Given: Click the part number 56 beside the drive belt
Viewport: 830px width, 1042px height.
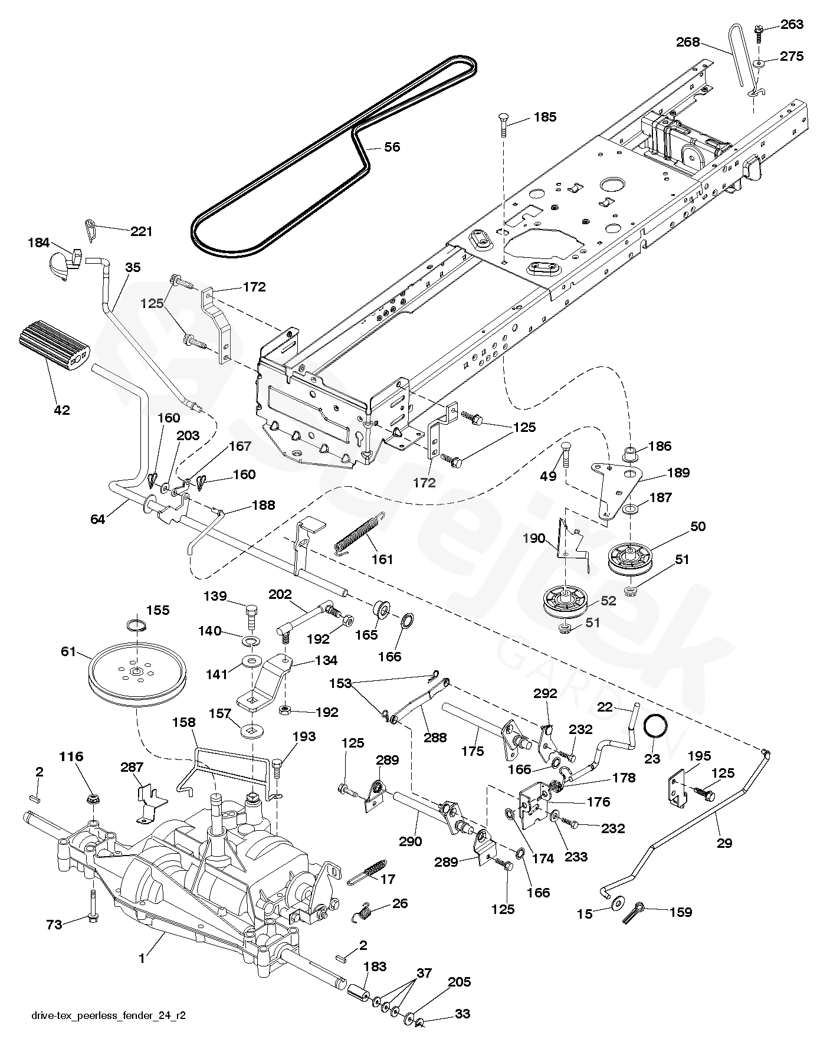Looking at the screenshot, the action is point(392,147).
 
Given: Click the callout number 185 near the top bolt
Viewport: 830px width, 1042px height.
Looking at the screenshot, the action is point(544,117).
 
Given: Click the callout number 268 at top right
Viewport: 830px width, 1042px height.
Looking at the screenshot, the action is point(688,42).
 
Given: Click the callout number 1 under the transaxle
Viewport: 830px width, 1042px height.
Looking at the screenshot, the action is point(142,959).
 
